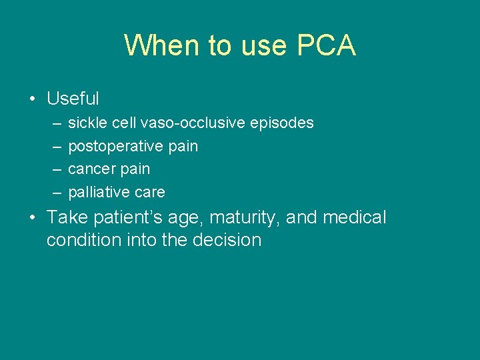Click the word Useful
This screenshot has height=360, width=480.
tap(73, 99)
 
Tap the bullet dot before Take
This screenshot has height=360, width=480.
tap(32, 218)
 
